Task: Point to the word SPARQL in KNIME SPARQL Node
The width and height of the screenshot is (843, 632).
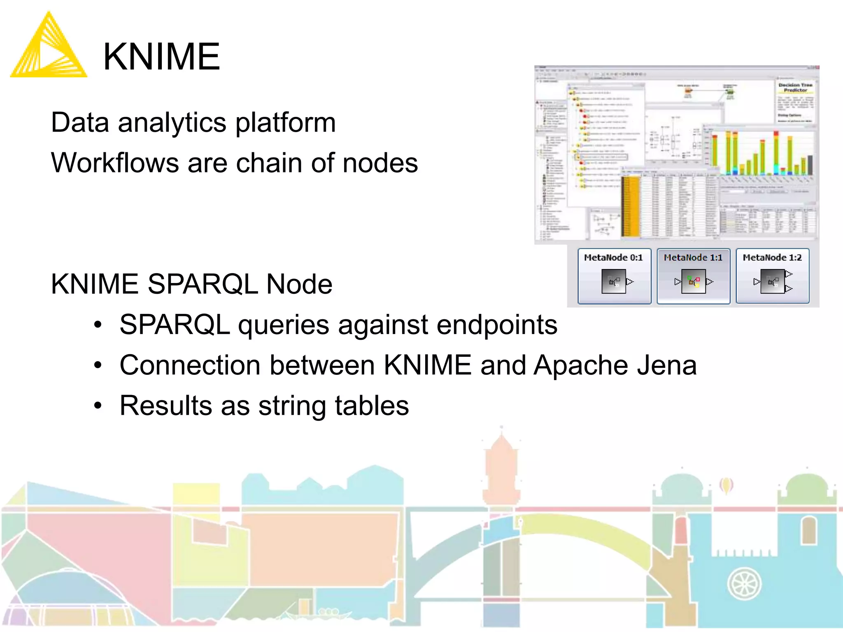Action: click(202, 284)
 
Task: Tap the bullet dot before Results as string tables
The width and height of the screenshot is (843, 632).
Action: click(98, 406)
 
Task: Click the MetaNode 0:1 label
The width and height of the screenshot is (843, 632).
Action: click(613, 258)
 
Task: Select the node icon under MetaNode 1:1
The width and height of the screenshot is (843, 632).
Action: click(694, 281)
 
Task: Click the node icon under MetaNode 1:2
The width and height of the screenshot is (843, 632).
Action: click(773, 281)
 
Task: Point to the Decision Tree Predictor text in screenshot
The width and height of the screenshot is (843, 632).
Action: click(795, 87)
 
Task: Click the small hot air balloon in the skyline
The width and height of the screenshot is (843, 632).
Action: click(726, 486)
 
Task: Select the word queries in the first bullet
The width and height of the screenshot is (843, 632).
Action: click(284, 325)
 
